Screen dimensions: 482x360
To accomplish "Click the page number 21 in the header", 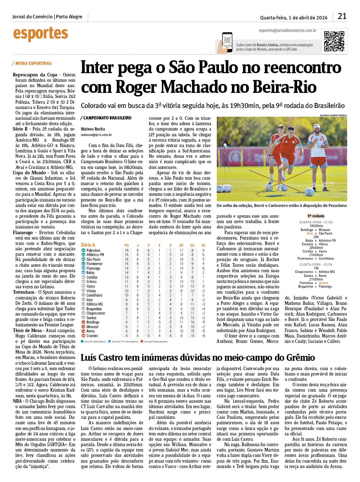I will coord(342,16).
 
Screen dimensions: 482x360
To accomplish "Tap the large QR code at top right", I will coord(334,41).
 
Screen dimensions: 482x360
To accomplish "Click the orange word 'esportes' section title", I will coord(40,34).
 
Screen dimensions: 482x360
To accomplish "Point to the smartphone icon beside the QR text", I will coord(227,42).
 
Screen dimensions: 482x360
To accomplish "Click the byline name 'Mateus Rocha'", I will coord(93,129).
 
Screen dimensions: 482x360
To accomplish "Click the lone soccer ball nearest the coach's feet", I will coord(309,191).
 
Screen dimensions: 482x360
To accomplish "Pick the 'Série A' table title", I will coord(88,245).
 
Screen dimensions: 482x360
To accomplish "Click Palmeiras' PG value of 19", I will coord(126,250).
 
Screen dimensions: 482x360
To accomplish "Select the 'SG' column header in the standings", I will coord(203,245).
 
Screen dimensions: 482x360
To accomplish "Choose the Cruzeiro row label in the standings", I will coord(92,336).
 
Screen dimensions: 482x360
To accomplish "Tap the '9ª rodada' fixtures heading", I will coord(316,216).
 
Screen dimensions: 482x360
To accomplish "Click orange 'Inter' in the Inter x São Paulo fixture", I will coord(310,233).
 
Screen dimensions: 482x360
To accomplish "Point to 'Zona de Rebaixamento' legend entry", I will coord(155,341).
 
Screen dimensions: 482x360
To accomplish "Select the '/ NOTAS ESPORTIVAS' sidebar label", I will coord(32,63).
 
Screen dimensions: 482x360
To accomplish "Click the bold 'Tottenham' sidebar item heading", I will coord(24,292).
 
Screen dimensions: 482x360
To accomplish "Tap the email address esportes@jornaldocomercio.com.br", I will coord(287,30).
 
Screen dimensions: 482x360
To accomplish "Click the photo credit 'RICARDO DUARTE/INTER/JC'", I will coord(333,115).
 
